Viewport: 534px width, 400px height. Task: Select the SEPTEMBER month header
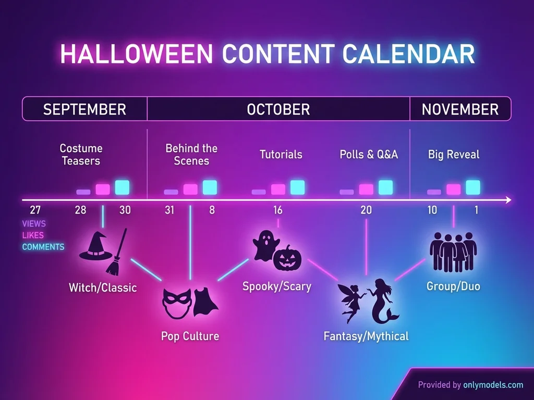point(84,109)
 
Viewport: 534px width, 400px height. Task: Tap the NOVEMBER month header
point(460,109)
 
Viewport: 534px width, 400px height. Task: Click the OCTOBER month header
point(278,109)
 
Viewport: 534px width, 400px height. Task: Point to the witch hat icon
point(95,246)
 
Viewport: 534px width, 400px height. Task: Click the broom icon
point(117,253)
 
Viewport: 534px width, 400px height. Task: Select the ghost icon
point(264,245)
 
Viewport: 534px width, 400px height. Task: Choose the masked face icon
point(175,304)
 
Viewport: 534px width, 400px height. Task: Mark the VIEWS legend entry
point(34,224)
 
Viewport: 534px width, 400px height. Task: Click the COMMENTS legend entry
point(43,247)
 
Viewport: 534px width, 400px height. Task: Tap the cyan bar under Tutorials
point(297,187)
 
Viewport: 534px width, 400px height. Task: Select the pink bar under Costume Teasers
point(103,189)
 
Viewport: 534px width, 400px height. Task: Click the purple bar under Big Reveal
point(434,192)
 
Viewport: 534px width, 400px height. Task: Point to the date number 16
point(278,210)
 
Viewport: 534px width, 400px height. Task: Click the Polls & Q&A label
point(369,155)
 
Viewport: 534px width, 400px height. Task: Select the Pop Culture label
point(190,336)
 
